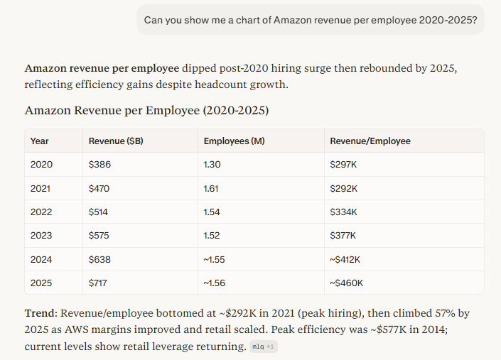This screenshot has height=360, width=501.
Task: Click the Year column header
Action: (40, 141)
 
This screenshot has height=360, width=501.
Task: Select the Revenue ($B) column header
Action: (116, 141)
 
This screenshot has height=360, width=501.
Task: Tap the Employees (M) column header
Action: (234, 141)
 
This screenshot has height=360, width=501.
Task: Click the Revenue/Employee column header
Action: (370, 141)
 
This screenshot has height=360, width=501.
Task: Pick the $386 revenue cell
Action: (99, 165)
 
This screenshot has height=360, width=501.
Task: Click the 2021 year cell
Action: (41, 188)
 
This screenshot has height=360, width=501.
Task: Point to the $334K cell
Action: (344, 212)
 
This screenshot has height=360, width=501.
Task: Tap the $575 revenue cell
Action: (99, 235)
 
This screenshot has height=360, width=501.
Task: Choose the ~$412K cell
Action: (347, 259)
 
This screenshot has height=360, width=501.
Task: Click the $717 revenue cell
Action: (99, 283)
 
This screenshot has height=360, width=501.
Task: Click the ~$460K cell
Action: (347, 283)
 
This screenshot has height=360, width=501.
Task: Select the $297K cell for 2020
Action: (344, 165)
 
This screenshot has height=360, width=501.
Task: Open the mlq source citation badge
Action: (262, 347)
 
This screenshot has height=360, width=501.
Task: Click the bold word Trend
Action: (40, 312)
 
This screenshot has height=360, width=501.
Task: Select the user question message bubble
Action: (311, 19)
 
